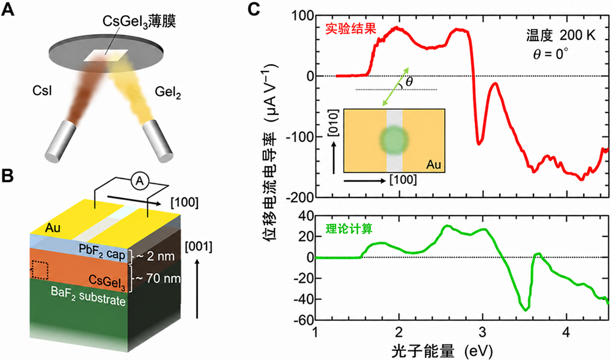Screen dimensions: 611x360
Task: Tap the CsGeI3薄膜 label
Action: (x=139, y=22)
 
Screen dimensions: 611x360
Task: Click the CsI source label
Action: (x=43, y=91)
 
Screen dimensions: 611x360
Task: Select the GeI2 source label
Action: (x=168, y=92)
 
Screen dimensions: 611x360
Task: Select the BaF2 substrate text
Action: (x=88, y=297)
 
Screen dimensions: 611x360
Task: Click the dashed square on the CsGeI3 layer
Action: (x=39, y=270)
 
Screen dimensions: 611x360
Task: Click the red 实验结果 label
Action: (x=351, y=29)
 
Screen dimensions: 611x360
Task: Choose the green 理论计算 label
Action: (x=349, y=229)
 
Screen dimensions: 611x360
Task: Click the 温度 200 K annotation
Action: (x=561, y=36)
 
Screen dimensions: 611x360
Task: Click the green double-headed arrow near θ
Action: (x=395, y=87)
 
